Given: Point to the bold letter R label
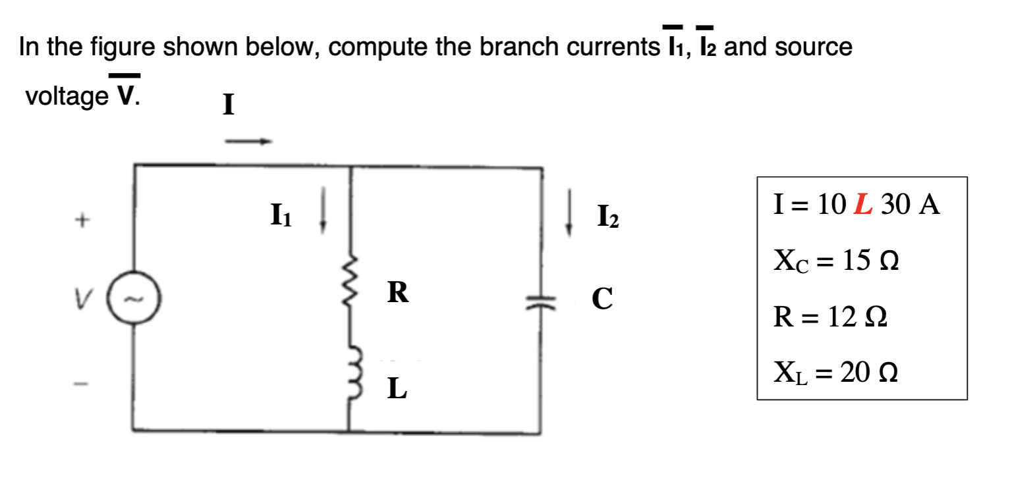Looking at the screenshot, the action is [x=397, y=293].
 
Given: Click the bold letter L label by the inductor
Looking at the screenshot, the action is [x=397, y=389].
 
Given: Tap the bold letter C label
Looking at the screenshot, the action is [x=602, y=298].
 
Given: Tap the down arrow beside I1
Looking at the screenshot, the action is [x=322, y=217].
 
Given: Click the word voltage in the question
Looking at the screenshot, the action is [x=67, y=97].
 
